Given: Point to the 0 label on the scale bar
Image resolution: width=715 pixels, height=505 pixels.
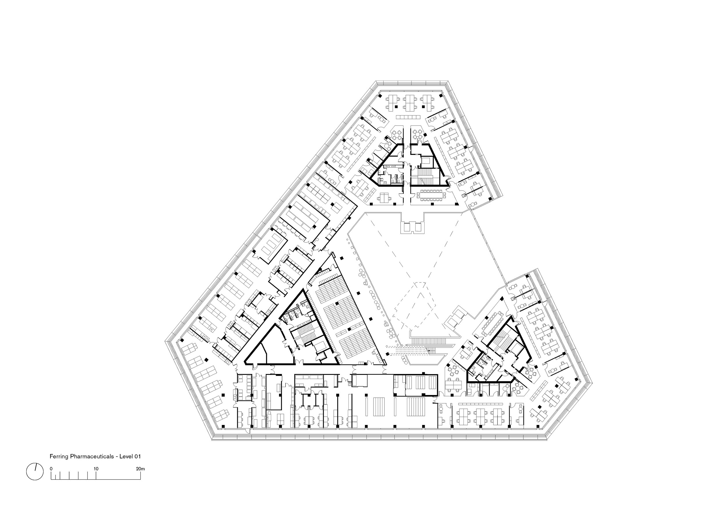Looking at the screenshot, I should click(51, 469).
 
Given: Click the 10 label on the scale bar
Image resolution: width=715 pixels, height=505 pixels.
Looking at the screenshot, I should click(96, 469).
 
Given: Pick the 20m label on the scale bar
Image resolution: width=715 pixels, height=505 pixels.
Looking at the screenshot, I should click(140, 469).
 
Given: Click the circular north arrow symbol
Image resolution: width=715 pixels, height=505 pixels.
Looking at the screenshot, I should click(35, 472).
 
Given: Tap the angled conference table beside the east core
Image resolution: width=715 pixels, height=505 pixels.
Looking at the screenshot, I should click(493, 324).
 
